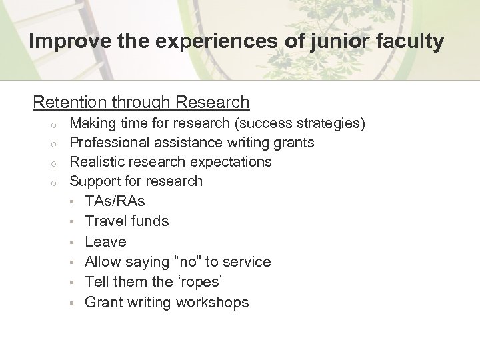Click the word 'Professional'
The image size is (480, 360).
pyautogui.click(x=111, y=142)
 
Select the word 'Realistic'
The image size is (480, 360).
pyautogui.click(x=99, y=161)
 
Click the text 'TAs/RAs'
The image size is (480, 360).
pyautogui.click(x=115, y=201)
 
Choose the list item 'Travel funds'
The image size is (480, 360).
pyautogui.click(x=127, y=221)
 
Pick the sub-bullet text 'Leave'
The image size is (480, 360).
pyautogui.click(x=105, y=241)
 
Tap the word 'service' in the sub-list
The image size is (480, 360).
pyautogui.click(x=247, y=261)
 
